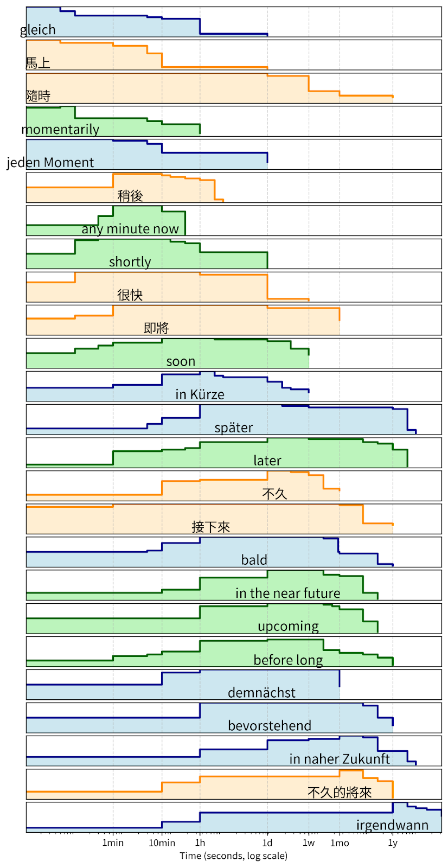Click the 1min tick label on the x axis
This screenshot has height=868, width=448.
point(113,843)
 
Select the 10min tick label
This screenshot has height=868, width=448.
point(162,843)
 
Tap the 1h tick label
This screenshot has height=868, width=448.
point(200,843)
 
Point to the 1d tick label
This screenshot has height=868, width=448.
point(267,843)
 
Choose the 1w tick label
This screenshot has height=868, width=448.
point(309,843)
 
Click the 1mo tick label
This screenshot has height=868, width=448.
point(340,843)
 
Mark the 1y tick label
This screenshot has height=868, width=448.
point(393,843)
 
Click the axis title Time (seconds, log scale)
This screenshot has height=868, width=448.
point(233,856)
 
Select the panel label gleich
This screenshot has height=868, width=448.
point(38,30)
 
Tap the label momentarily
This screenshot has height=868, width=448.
point(60,129)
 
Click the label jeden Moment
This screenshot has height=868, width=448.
point(50,162)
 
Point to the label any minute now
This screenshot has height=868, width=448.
point(130,229)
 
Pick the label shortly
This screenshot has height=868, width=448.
point(130,262)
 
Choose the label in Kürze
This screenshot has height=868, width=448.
point(200,394)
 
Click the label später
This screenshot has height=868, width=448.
point(234,427)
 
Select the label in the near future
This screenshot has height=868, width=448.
point(288,593)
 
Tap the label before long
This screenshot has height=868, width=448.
point(288,660)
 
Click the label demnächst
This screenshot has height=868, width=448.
point(261,693)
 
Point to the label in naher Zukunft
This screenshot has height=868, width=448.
point(340,759)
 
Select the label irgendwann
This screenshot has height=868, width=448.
point(392,825)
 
